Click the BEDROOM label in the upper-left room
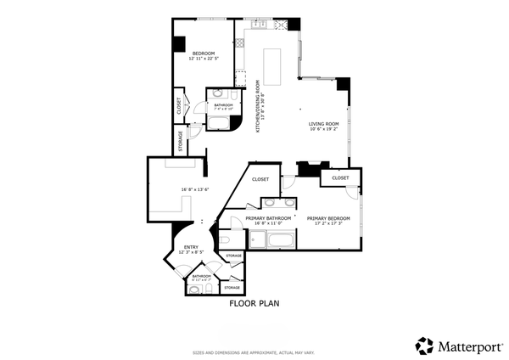(x=203, y=53)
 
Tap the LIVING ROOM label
(x=323, y=124)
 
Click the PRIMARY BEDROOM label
(x=329, y=217)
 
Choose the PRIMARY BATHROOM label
(x=268, y=218)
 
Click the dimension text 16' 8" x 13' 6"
(x=195, y=189)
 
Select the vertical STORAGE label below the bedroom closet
(x=180, y=140)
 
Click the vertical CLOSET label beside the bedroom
(x=179, y=105)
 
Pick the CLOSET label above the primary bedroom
(x=340, y=178)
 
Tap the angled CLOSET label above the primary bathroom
(x=260, y=179)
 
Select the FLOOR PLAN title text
(x=255, y=302)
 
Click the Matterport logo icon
(x=424, y=345)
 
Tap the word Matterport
(x=469, y=346)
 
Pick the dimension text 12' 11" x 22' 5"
(x=203, y=59)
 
